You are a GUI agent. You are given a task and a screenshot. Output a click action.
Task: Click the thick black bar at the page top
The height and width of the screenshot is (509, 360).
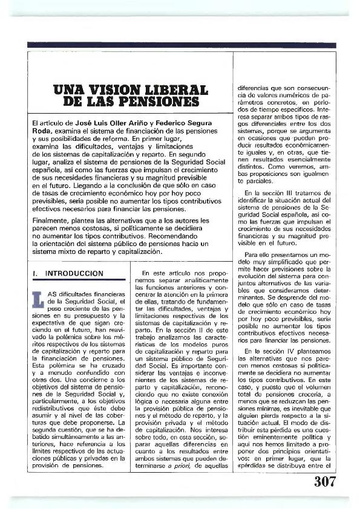[180, 45]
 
